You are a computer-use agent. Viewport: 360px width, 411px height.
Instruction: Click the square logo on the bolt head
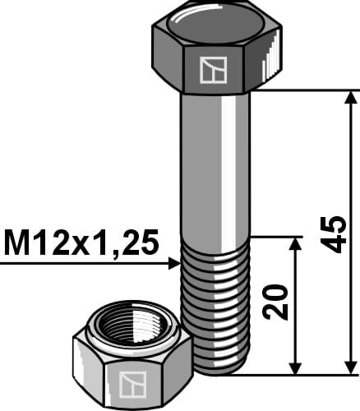tap(214, 72)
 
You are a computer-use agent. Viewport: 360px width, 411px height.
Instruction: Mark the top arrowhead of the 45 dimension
tap(351, 99)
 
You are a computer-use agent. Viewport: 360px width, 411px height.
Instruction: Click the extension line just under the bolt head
tap(304, 90)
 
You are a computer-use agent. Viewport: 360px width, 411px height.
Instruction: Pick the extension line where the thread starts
tap(275, 238)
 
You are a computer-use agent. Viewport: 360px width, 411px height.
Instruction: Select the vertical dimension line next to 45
tap(351, 164)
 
